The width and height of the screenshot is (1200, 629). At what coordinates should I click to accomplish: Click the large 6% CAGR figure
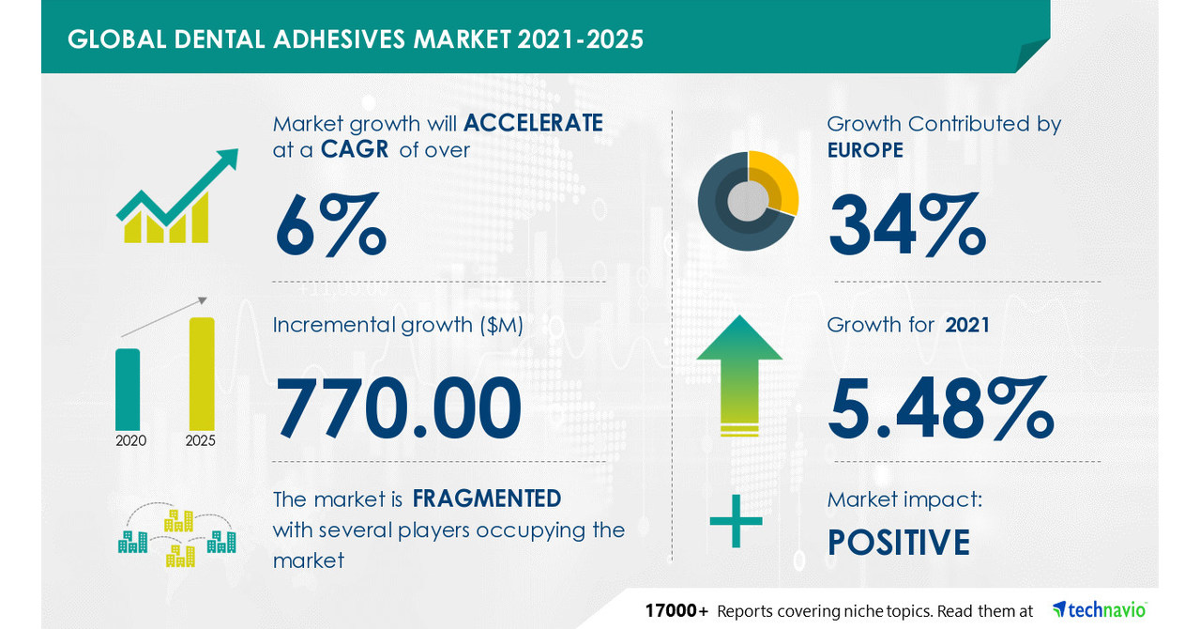(x=329, y=226)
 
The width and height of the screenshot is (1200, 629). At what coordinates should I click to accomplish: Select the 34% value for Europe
(x=906, y=225)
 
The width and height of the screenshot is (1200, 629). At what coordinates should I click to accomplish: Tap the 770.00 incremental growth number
(x=398, y=408)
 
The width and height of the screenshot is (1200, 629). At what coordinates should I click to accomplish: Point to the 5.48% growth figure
(x=941, y=409)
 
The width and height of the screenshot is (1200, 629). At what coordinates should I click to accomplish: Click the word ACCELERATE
(x=533, y=123)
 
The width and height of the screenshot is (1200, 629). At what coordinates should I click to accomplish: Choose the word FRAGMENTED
(x=487, y=499)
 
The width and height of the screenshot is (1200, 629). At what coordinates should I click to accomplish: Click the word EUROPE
(x=865, y=150)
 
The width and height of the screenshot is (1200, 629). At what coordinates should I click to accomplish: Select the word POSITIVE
(x=898, y=543)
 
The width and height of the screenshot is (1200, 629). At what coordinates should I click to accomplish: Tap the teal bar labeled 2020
(x=128, y=389)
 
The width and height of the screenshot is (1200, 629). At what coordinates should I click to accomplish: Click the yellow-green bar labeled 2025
(x=202, y=373)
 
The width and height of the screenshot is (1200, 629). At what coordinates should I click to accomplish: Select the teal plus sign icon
(x=736, y=522)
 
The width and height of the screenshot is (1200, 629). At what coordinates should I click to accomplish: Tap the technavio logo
(x=1099, y=609)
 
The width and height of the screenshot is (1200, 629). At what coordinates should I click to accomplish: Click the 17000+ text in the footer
(x=676, y=611)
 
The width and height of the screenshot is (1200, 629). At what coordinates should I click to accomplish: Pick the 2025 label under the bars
(x=201, y=440)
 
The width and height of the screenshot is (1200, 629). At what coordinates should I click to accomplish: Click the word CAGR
(x=354, y=150)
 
